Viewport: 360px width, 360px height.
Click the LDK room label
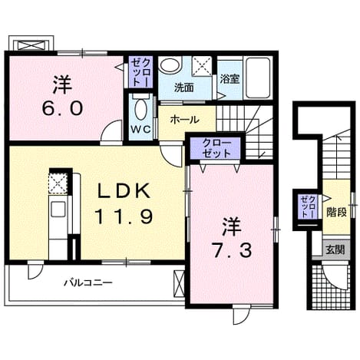(x=124, y=191)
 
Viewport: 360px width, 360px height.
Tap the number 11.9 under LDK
(x=124, y=216)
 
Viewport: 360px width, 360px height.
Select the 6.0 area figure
(x=62, y=107)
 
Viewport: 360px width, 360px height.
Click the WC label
(x=140, y=130)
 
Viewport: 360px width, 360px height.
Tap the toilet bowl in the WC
(x=140, y=110)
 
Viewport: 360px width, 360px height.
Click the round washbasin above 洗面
(x=169, y=64)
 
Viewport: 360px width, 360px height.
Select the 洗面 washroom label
(x=183, y=88)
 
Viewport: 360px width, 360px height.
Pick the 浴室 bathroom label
(x=230, y=80)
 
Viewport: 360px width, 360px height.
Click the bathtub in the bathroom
(x=258, y=78)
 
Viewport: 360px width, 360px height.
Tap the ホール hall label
(x=184, y=120)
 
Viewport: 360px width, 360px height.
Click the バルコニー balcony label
(x=88, y=282)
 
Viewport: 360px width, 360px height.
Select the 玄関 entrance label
(x=335, y=249)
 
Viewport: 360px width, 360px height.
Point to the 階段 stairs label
(x=336, y=212)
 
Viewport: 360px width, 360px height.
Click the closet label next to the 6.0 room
(x=140, y=72)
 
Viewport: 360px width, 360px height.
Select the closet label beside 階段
(x=309, y=206)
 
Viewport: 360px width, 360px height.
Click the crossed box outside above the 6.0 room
(x=32, y=45)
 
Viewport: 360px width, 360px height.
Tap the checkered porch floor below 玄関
(x=330, y=287)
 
